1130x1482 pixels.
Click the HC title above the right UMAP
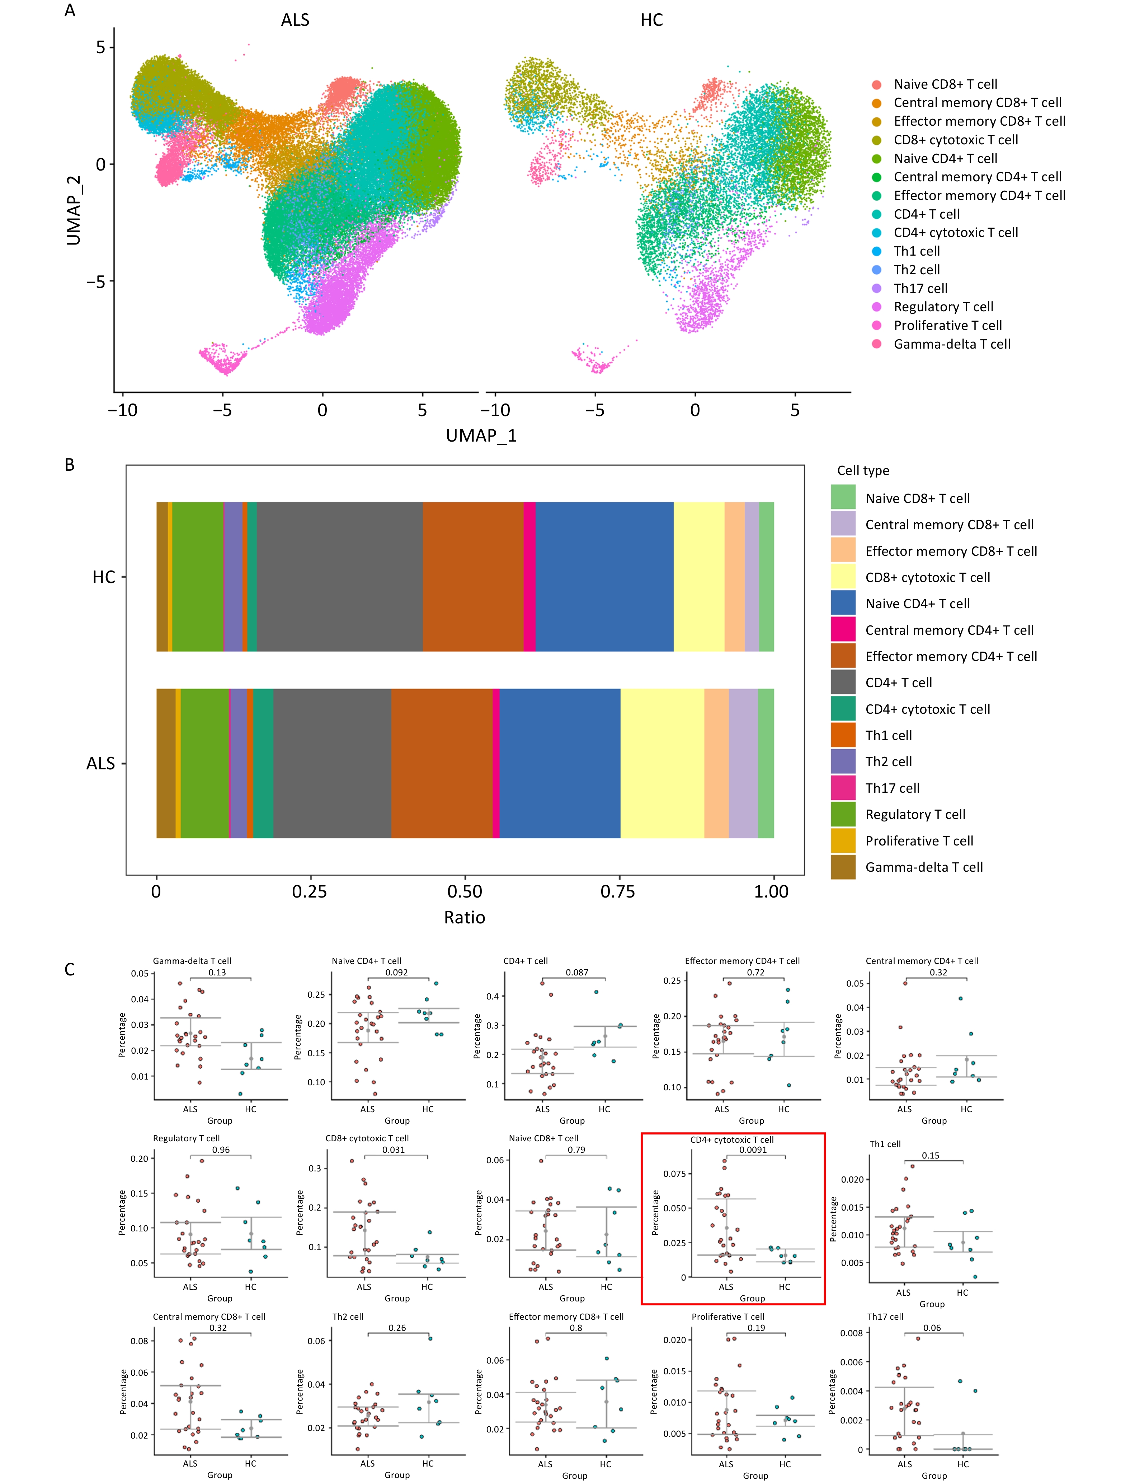coord(651,20)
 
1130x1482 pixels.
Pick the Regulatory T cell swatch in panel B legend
coord(843,814)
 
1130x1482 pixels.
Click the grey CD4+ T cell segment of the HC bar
coord(340,577)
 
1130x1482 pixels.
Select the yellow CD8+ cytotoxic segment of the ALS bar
coord(662,763)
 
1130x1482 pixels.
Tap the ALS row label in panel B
coord(101,763)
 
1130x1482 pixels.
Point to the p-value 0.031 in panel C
coord(394,1150)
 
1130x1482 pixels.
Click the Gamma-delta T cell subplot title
coord(192,961)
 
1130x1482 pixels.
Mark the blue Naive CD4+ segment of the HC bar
coord(604,577)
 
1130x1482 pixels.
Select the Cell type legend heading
coord(863,470)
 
